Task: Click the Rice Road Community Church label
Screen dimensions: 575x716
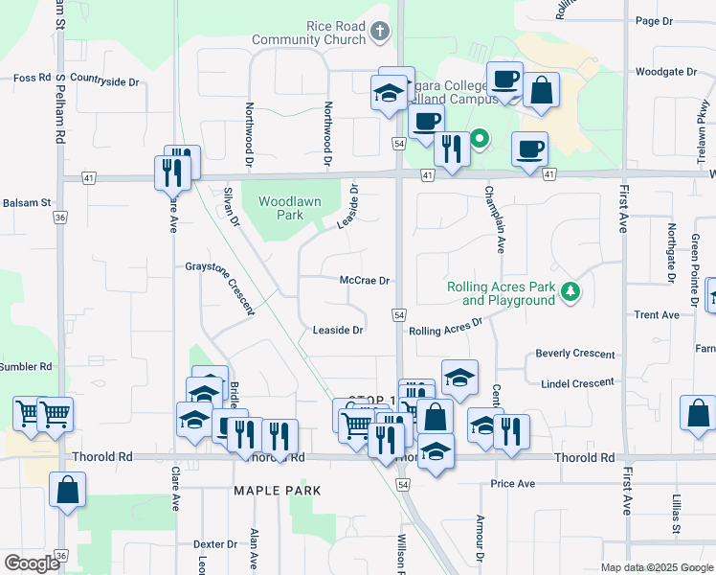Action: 308,33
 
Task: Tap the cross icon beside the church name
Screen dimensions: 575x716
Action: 380,33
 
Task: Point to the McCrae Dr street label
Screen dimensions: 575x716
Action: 366,282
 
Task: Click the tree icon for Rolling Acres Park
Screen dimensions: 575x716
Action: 571,290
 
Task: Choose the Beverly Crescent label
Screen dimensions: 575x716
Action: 575,354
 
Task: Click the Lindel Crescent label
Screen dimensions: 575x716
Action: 577,383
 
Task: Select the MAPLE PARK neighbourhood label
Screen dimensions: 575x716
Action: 278,490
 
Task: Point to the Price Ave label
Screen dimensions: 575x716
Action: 513,484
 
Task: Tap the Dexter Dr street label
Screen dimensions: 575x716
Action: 215,543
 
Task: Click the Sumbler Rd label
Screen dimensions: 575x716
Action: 26,366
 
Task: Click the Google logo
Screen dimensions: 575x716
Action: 32,563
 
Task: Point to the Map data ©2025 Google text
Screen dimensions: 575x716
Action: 656,567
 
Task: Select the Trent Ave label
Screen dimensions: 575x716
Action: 657,314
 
